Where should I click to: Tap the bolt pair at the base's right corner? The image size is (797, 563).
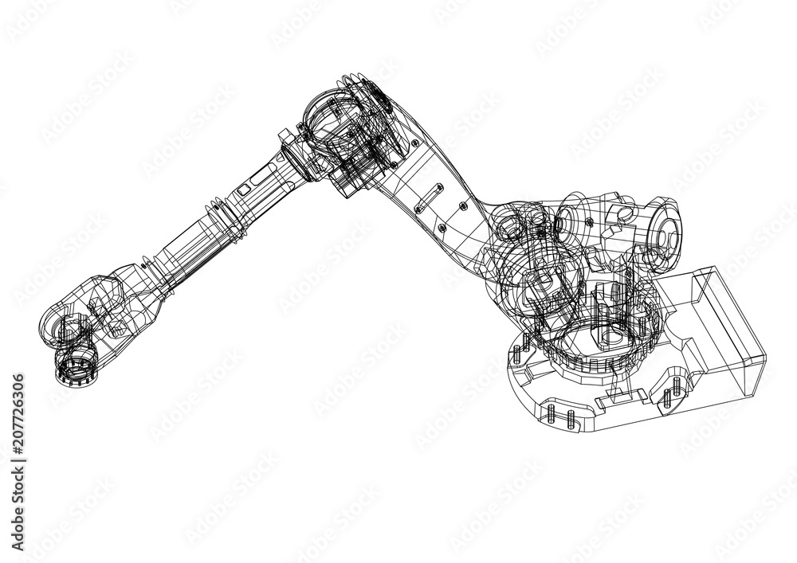(x=673, y=391)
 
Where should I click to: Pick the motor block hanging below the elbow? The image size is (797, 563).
(x=351, y=171)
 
